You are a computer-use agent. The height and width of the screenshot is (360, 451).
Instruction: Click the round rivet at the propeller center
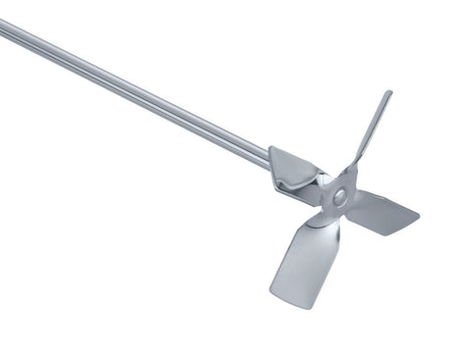[x=339, y=197]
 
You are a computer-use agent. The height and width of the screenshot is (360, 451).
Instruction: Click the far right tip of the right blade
[x=419, y=212]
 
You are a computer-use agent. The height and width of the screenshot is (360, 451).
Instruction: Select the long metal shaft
[x=137, y=88]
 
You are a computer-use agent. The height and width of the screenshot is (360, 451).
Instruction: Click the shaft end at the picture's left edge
[x=4, y=27]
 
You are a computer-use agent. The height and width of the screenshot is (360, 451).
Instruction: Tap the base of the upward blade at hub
[x=352, y=177]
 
